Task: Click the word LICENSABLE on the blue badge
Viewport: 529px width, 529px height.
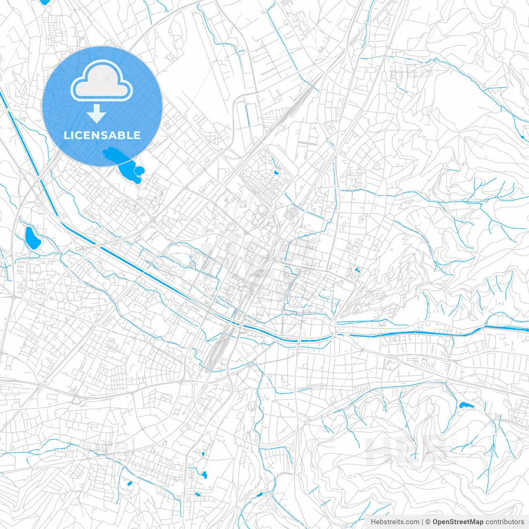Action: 102,135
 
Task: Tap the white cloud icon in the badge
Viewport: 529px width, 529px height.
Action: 102,81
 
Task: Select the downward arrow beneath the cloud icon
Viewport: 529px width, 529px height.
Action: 97,113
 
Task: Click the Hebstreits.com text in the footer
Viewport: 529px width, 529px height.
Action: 395,522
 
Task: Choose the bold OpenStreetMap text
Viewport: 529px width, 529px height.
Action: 458,522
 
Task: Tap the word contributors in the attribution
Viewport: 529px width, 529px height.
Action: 505,522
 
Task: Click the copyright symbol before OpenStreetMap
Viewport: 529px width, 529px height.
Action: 428,522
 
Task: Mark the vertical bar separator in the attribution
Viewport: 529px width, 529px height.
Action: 422,522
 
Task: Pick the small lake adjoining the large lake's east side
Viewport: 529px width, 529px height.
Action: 139,170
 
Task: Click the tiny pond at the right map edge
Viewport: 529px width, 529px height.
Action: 523,136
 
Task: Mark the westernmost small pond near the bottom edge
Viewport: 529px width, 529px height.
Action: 129,483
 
